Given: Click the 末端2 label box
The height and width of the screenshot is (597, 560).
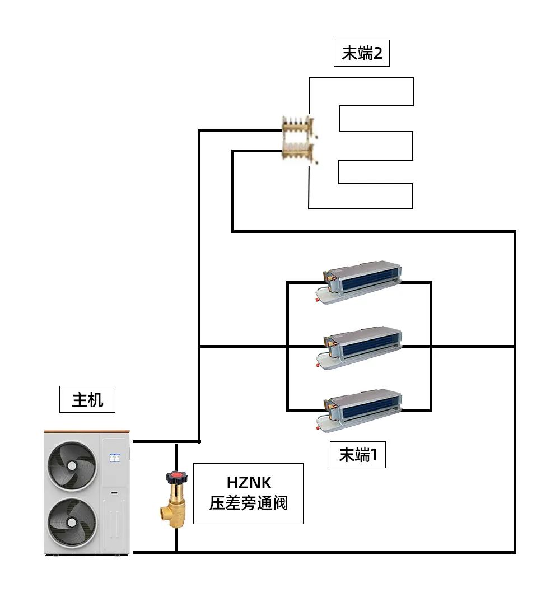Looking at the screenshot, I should coord(361,54).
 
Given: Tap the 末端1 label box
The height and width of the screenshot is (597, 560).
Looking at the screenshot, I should coord(358,455).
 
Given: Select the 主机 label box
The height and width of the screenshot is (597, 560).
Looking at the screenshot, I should coord(87,400).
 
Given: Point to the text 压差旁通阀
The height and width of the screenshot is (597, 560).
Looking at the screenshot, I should coord(249,503).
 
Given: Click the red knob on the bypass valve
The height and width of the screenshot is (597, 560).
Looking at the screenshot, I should coord(177,478).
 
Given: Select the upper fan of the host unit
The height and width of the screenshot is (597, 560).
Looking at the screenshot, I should coord(72,463).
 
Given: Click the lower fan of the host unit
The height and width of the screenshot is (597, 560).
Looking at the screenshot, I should coord(72,522).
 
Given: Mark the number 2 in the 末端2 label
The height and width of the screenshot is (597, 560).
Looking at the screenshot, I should coord(378,54).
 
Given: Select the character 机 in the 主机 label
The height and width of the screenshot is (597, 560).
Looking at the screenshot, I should coord(96,400).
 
